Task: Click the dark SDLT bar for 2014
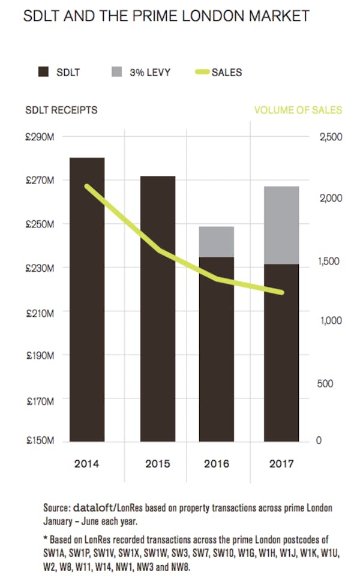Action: [87, 300]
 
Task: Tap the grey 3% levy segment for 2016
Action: [217, 242]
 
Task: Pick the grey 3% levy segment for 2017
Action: [281, 225]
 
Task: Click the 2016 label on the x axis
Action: [217, 464]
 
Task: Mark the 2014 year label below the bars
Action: [87, 464]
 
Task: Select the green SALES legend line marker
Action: [202, 73]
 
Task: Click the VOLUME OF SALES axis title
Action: [298, 110]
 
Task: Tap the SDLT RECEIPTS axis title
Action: [61, 110]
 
